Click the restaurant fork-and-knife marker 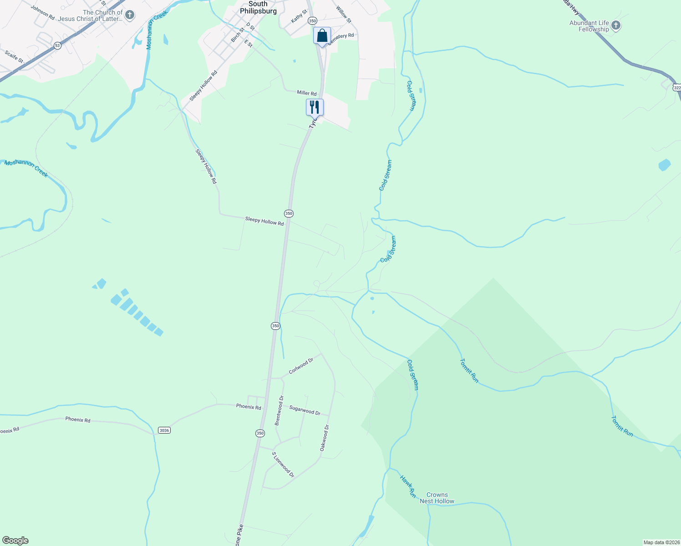point(315,107)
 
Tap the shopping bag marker point(322,35)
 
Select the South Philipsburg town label point(258,7)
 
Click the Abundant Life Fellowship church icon point(616,25)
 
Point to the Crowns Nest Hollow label point(437,498)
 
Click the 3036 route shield point(164,430)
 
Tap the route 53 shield point(57,45)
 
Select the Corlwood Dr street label point(301,366)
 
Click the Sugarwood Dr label point(305,410)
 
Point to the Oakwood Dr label point(324,438)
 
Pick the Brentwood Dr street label point(279,410)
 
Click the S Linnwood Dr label point(283,465)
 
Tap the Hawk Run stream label point(408,486)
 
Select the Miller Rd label point(306,93)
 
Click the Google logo point(15,541)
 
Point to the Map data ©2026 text point(661,542)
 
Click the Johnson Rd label point(43,12)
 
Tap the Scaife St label point(14,56)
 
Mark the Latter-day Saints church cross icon point(130,15)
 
